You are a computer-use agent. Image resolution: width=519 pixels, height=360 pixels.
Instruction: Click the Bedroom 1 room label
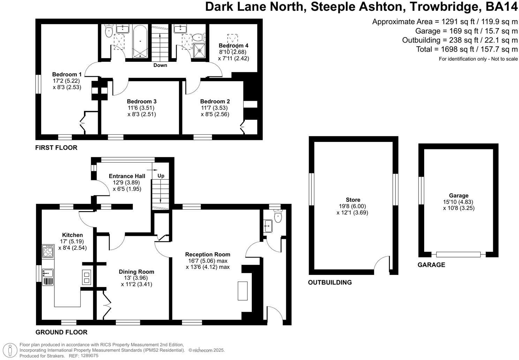point(67,74)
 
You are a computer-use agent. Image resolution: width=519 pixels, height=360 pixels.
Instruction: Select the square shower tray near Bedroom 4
point(200,50)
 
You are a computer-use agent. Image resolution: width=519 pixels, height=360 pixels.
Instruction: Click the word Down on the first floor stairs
point(160,65)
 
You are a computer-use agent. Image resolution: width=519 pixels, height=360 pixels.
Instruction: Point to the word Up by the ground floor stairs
point(161,176)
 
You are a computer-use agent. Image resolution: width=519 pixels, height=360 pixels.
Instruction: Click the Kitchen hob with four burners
point(48,251)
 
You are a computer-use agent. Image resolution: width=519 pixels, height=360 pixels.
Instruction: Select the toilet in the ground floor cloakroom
point(278,217)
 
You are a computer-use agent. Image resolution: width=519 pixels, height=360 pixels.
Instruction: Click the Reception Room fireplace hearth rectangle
point(242,291)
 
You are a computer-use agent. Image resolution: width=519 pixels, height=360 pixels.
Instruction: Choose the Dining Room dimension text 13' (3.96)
point(136,278)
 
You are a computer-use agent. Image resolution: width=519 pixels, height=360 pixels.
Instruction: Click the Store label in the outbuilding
point(353,200)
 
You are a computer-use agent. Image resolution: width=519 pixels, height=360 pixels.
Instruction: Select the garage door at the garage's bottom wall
point(458,254)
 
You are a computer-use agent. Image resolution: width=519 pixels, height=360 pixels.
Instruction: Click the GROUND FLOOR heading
point(61,332)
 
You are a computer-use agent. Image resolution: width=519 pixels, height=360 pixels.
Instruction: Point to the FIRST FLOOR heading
point(56,148)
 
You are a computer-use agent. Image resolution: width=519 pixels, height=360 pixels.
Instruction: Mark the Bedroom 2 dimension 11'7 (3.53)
point(215,108)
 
